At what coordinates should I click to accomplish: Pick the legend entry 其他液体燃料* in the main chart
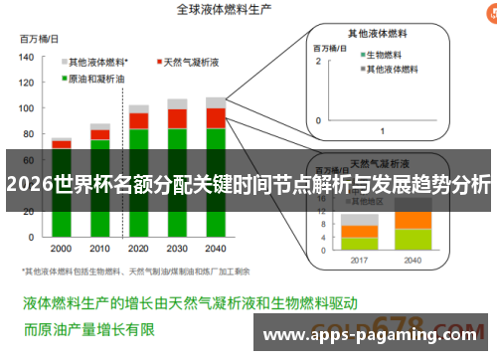click(x=104, y=62)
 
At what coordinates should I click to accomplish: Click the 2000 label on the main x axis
click(x=61, y=249)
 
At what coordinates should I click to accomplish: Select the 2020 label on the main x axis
click(x=138, y=249)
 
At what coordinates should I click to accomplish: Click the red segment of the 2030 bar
click(x=177, y=118)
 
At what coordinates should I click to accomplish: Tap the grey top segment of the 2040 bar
click(x=215, y=101)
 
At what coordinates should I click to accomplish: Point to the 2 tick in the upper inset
click(x=318, y=62)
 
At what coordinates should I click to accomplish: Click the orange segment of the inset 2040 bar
click(x=413, y=220)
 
